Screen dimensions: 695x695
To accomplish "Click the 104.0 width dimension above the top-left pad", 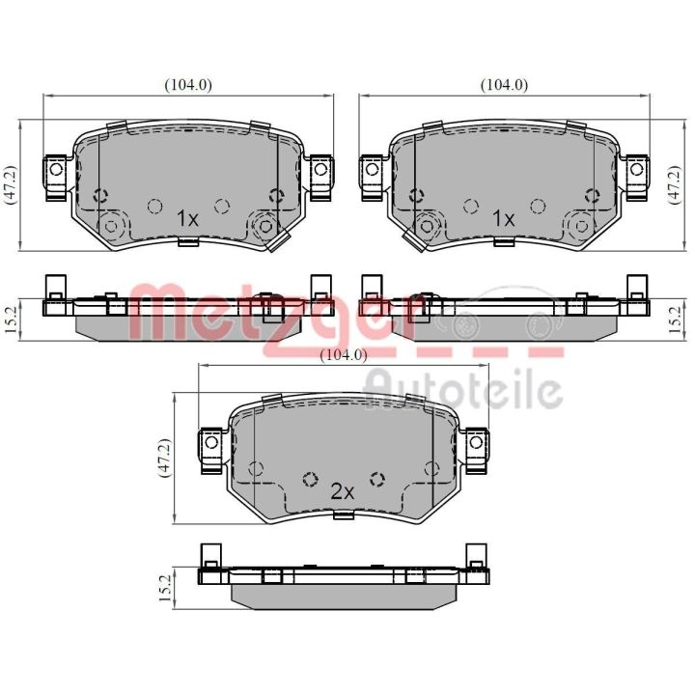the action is tap(188, 85).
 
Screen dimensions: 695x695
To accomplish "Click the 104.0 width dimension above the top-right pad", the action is tap(505, 85).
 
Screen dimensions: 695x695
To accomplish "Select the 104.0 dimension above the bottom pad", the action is tap(344, 354).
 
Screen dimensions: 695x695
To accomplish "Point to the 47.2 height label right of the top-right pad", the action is tap(674, 184).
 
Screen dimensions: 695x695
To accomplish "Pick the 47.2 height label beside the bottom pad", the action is tap(164, 458).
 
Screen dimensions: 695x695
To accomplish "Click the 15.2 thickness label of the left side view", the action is tap(11, 320).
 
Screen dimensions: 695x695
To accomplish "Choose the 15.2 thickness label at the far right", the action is tap(674, 320).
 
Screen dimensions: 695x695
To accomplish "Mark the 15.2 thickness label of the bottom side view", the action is tap(165, 588).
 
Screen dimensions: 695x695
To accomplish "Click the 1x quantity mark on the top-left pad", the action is tap(187, 218).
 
